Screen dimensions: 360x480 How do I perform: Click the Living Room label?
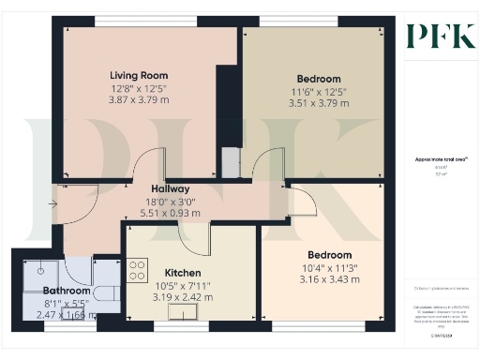coord(139,75)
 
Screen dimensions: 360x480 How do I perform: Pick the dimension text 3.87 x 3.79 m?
coord(139,100)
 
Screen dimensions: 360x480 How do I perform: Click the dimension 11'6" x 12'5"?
coord(319,91)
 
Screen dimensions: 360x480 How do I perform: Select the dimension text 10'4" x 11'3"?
coord(328,267)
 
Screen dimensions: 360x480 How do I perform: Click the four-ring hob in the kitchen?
coord(137,270)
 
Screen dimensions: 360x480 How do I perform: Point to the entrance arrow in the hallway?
coord(53,203)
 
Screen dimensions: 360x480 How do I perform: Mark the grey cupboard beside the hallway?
coord(230,163)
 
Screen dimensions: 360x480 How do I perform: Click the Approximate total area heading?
coord(440,160)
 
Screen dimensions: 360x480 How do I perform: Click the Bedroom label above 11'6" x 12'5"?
coord(319,79)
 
